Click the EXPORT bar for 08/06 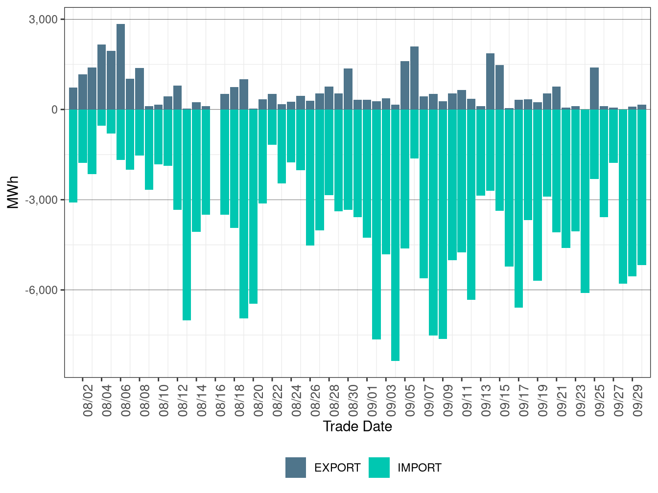tap(120, 67)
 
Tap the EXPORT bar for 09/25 tap(594, 89)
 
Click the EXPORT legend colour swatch tap(296, 468)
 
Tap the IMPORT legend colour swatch tap(379, 468)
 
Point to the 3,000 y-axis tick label tap(44, 20)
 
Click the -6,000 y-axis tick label tap(42, 290)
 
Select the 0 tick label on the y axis tap(54, 110)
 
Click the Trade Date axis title tap(357, 426)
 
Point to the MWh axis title tap(13, 192)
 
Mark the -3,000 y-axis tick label tap(42, 200)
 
